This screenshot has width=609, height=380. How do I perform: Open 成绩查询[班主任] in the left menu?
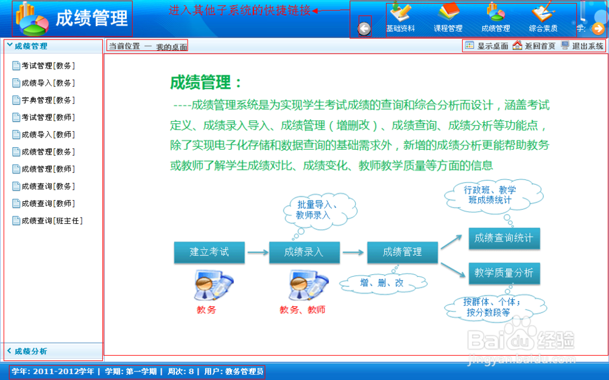(x=51, y=221)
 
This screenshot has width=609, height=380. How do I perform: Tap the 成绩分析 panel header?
(x=30, y=351)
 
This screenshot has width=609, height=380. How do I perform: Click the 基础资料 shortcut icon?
(x=400, y=18)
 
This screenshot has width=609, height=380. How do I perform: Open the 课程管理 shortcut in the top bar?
(x=448, y=18)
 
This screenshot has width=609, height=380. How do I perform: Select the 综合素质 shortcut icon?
(x=543, y=18)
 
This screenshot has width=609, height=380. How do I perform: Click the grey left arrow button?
(x=364, y=28)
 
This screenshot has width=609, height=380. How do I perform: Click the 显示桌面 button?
(x=486, y=46)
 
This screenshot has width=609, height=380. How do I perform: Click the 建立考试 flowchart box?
(x=209, y=252)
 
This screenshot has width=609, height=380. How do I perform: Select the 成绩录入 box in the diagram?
(x=304, y=252)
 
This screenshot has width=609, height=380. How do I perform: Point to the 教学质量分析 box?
(x=504, y=273)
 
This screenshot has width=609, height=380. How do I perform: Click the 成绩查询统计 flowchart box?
(x=504, y=238)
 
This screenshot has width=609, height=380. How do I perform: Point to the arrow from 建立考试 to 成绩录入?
(x=258, y=252)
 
